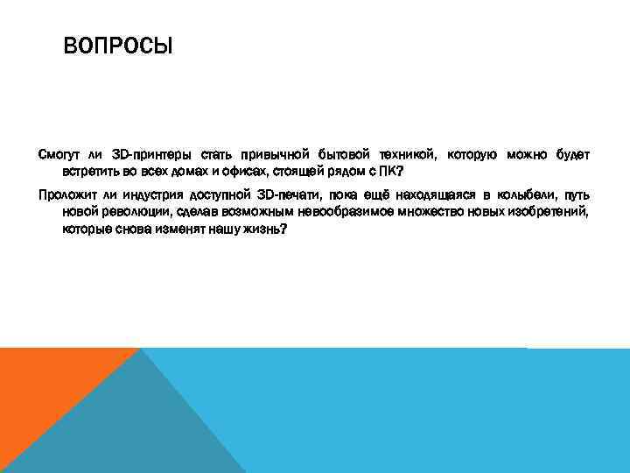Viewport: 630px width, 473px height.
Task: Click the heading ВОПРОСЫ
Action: [x=118, y=43]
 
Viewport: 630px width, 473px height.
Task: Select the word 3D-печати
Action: [x=289, y=194]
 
